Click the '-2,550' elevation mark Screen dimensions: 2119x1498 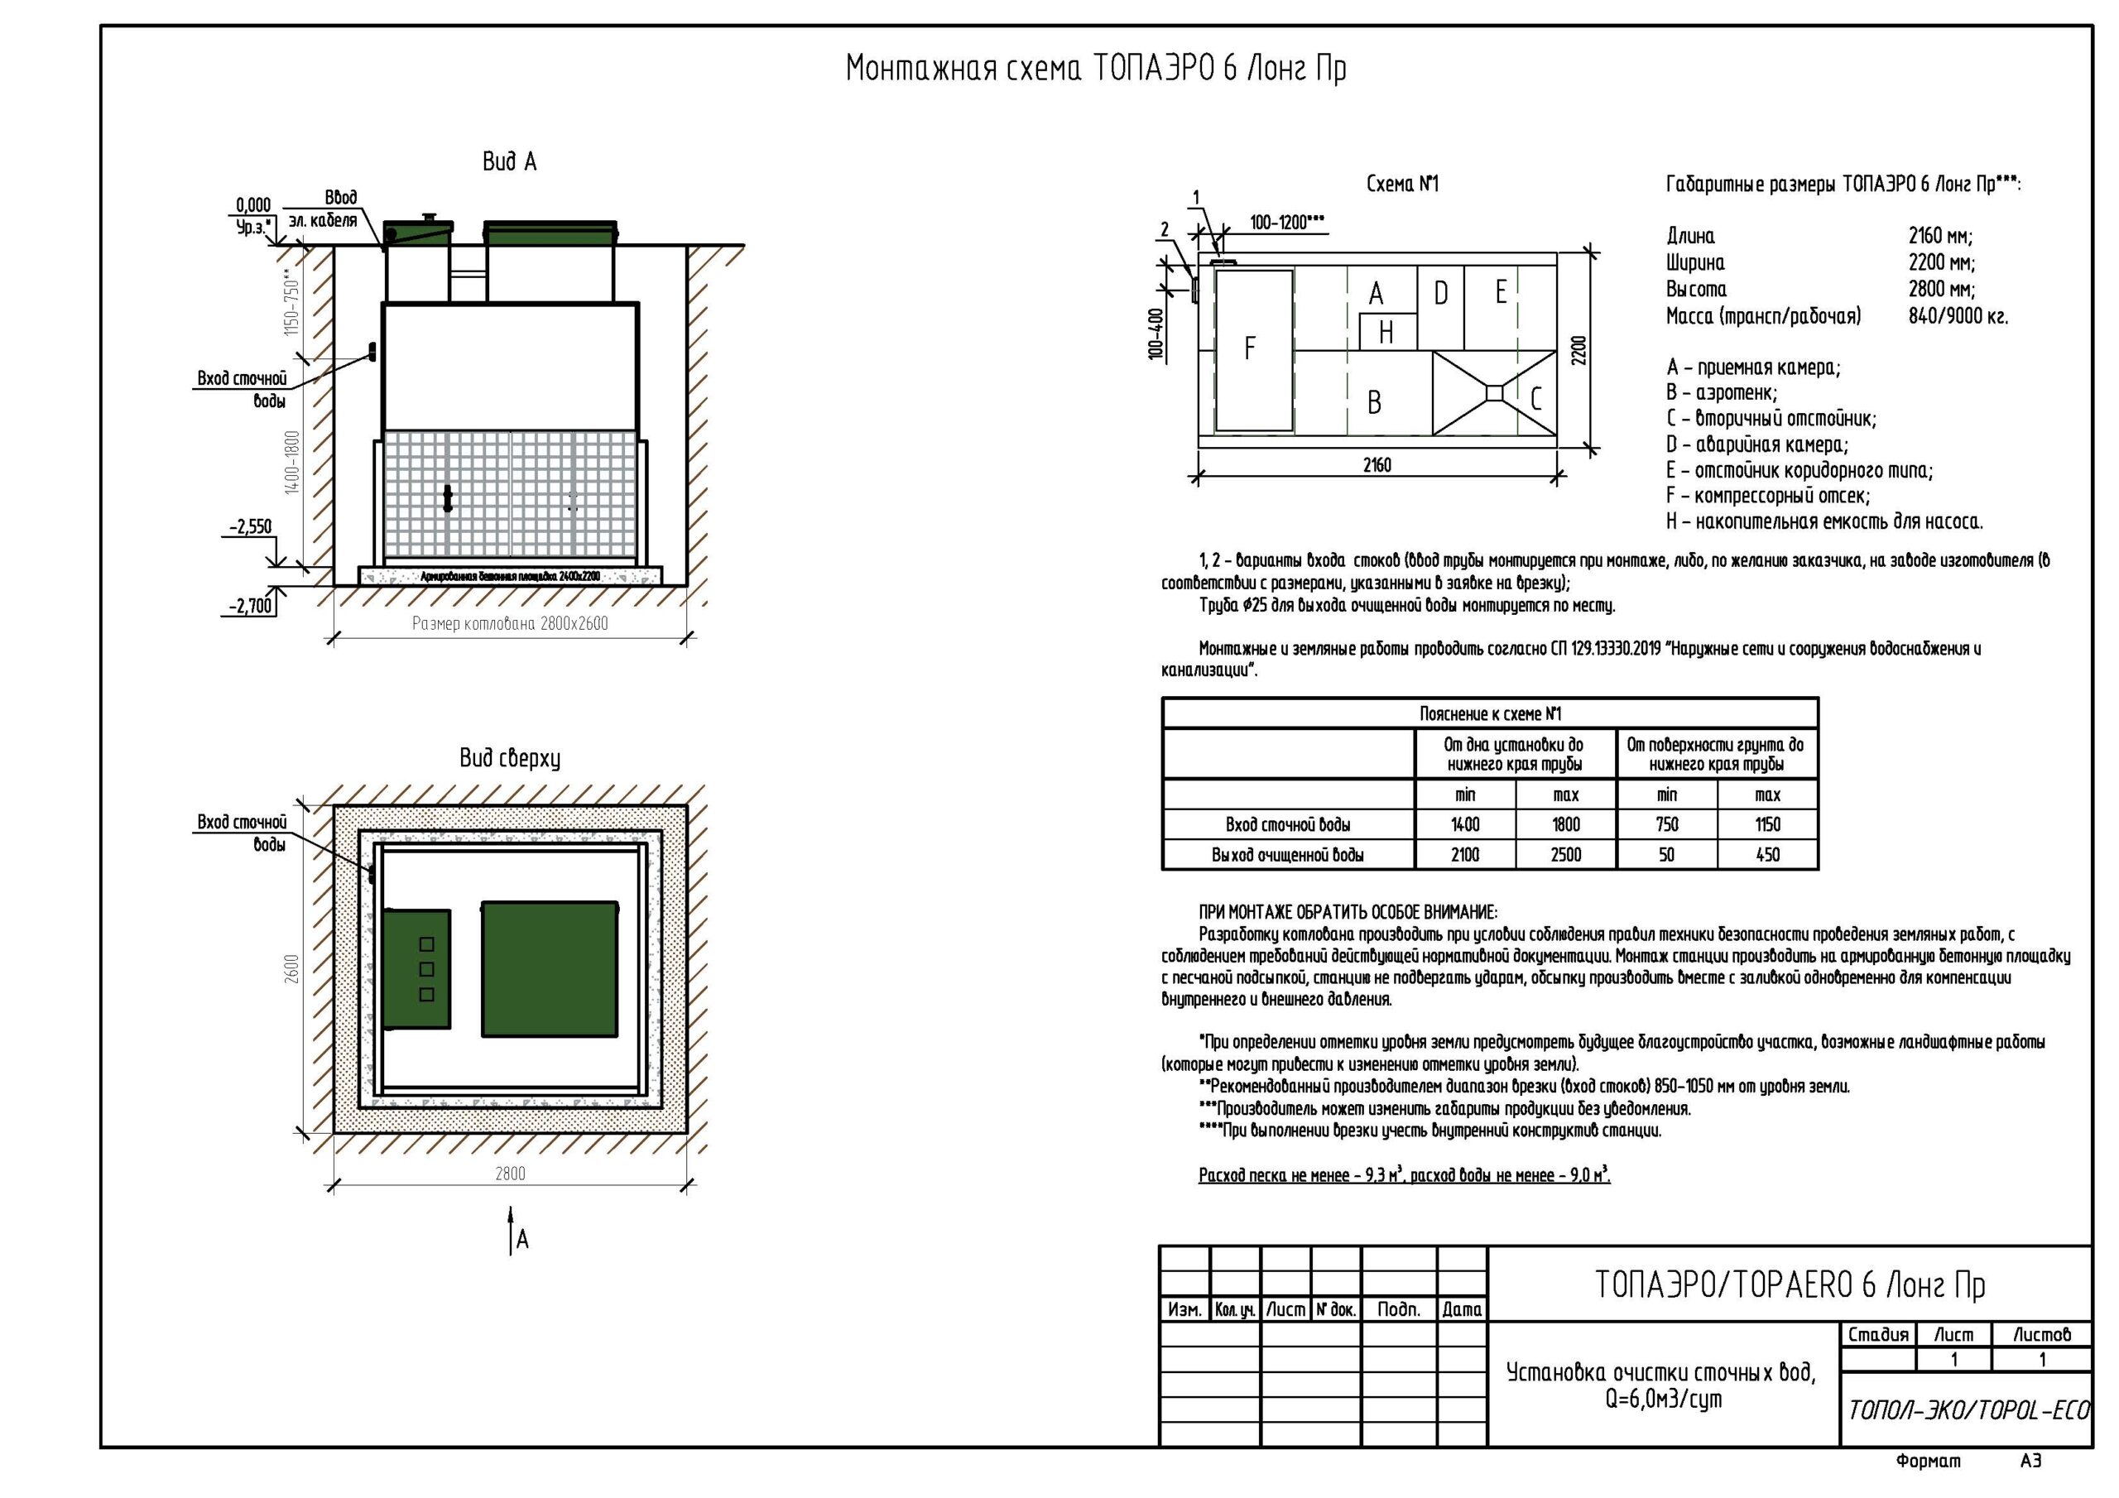click(251, 527)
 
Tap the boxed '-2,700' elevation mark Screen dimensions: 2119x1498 click(252, 606)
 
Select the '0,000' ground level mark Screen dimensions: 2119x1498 click(254, 205)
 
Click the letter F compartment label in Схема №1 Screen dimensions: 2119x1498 click(1250, 348)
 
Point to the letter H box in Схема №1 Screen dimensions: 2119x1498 click(1387, 332)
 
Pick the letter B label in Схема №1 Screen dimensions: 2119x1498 click(1374, 402)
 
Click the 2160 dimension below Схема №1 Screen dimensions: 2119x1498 click(1377, 465)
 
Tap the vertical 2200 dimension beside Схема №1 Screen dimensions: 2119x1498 click(1579, 350)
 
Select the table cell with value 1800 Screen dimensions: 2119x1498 click(1566, 824)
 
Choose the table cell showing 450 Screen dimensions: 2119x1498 click(1767, 855)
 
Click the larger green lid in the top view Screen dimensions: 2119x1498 click(549, 969)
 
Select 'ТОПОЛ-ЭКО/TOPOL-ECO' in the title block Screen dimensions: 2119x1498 click(1968, 1409)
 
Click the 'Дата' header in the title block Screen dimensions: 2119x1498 click(1462, 1308)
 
